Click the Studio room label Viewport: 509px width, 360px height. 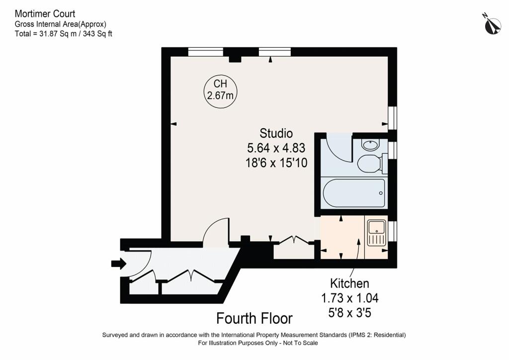point(276,133)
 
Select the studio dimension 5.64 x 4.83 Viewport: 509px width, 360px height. point(276,148)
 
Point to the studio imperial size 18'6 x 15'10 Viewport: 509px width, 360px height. point(276,162)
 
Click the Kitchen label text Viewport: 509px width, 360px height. point(350,283)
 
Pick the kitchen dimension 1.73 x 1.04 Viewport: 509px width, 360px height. point(350,298)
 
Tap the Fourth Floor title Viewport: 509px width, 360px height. point(254,318)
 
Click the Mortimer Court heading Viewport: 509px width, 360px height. point(45,14)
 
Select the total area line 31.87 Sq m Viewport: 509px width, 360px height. point(64,34)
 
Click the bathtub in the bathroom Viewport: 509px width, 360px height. point(353,193)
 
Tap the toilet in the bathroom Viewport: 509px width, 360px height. point(370,163)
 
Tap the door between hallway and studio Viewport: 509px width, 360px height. point(216,233)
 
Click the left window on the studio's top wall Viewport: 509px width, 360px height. point(205,51)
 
